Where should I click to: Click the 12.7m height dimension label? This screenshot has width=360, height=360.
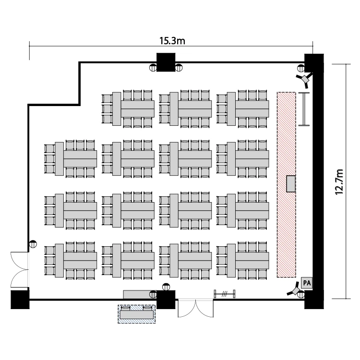340,181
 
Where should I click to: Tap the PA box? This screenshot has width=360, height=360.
306,283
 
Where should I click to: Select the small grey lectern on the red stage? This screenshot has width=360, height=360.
290,184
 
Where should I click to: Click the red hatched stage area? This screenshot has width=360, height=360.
286,144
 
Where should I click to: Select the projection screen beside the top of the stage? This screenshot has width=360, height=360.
304,109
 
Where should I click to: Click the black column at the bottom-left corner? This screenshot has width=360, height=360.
20,299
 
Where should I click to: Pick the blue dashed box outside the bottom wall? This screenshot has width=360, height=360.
137,314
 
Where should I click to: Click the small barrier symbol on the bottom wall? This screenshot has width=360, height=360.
224,293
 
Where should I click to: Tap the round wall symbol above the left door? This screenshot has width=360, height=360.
33,243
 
